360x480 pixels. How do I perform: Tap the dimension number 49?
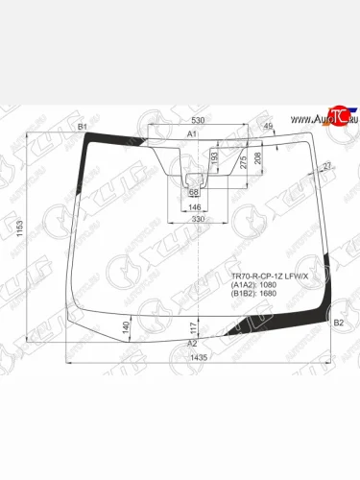(x=268, y=126)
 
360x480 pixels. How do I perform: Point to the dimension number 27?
(x=327, y=167)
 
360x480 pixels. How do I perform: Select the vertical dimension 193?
(x=214, y=155)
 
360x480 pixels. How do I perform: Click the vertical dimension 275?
(x=243, y=162)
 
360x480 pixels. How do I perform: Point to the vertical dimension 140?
(x=126, y=326)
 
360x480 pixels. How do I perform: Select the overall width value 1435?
(x=199, y=357)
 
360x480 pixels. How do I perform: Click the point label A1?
(x=192, y=133)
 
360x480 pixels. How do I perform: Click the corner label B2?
(x=337, y=324)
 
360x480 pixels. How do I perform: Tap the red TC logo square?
(x=335, y=113)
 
